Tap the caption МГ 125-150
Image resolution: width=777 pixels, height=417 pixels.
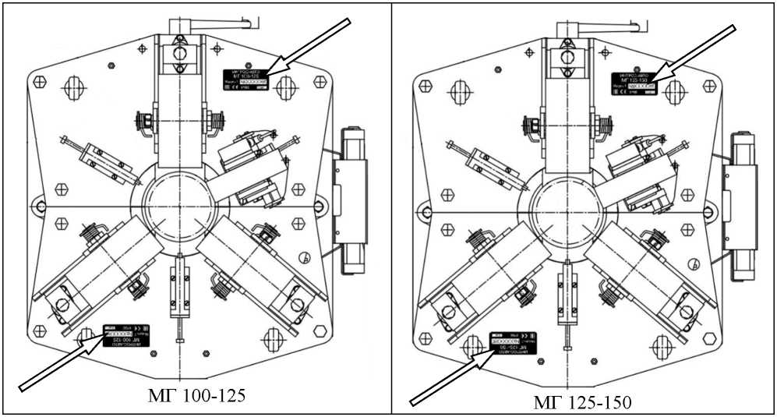[584, 402]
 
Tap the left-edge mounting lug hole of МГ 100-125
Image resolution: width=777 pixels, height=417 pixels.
[37, 206]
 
